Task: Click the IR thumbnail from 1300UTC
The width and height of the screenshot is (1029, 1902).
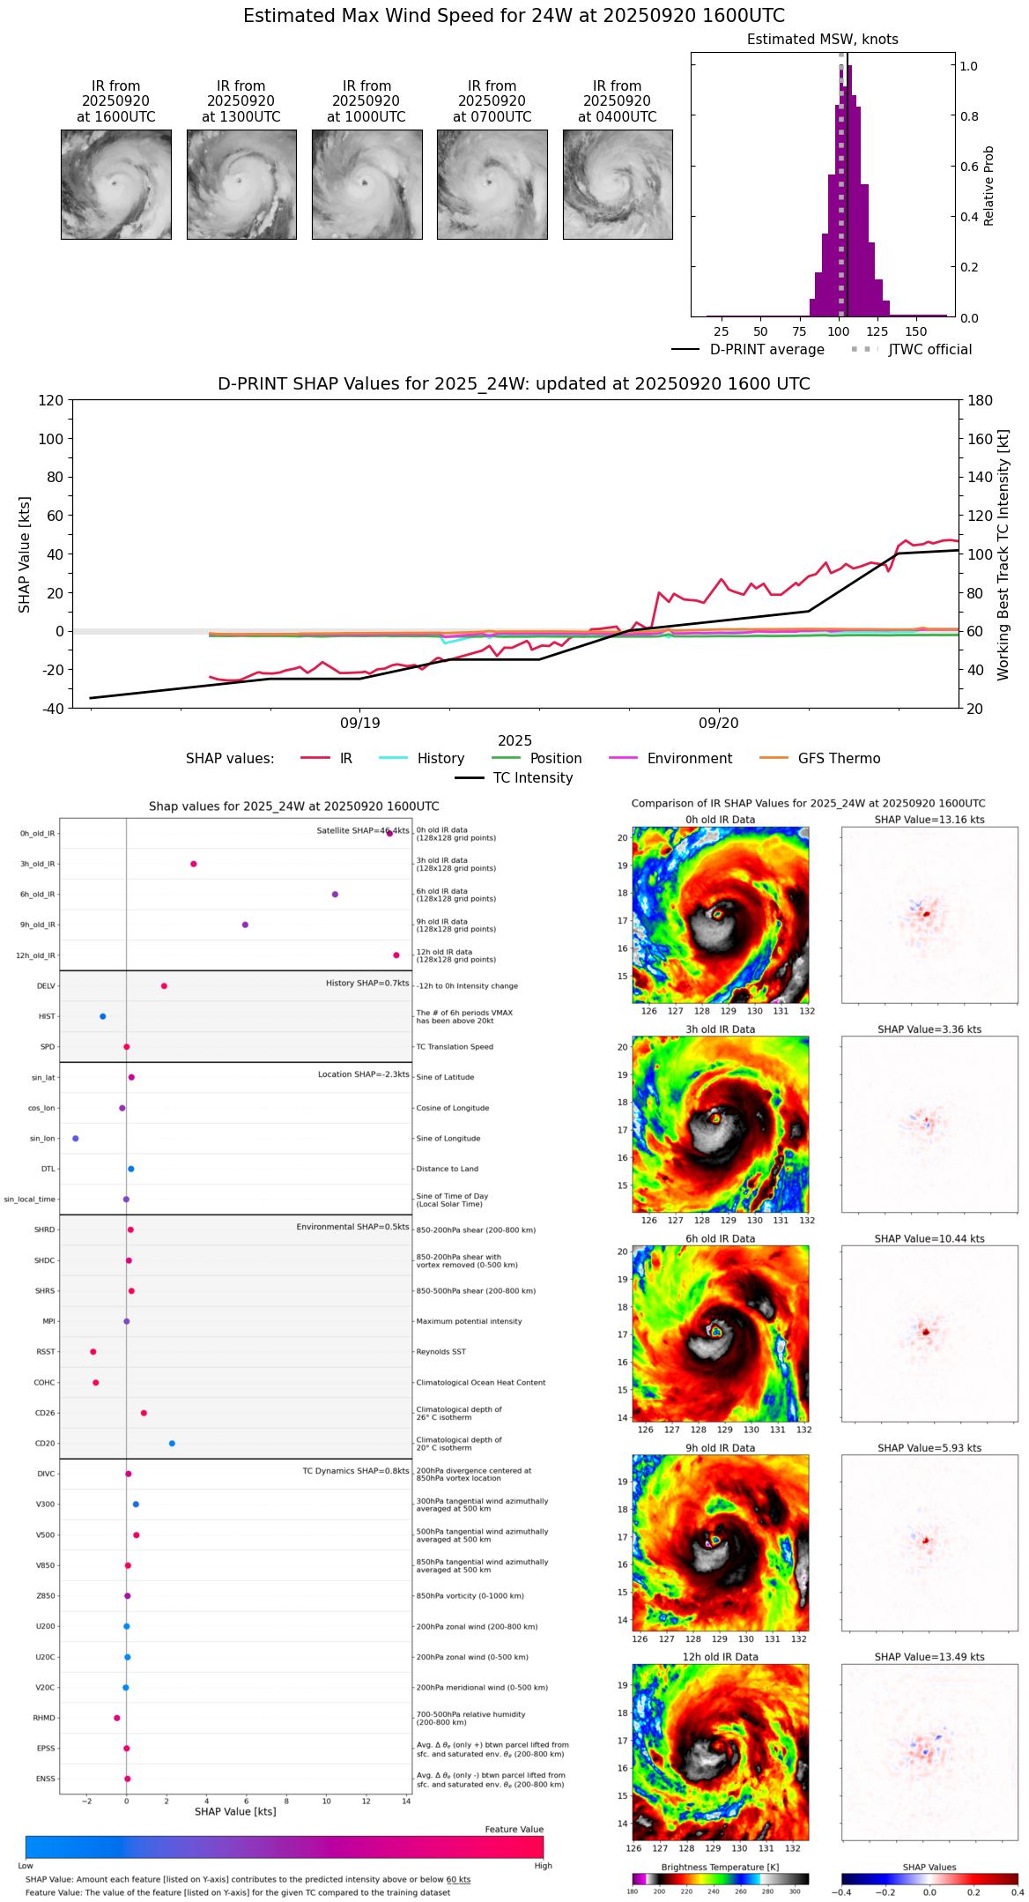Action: click(241, 184)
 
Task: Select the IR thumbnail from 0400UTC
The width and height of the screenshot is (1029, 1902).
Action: click(618, 184)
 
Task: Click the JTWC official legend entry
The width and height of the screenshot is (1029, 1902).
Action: click(929, 350)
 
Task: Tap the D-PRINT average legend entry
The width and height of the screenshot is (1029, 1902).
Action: click(766, 350)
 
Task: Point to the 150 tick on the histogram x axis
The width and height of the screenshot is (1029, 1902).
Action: click(916, 331)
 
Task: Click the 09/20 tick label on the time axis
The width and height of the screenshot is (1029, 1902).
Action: click(719, 723)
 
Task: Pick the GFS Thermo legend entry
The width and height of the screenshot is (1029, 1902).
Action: click(839, 758)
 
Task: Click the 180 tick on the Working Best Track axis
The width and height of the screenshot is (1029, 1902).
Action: click(981, 400)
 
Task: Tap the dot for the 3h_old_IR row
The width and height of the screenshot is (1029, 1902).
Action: click(194, 864)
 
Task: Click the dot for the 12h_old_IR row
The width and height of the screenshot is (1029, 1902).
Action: click(396, 955)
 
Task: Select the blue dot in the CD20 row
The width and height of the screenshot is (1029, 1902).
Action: click(172, 1443)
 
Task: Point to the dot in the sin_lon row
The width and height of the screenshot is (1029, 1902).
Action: click(76, 1139)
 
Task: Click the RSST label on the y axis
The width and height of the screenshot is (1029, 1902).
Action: click(46, 1352)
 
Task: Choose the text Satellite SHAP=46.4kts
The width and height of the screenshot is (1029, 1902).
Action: click(363, 830)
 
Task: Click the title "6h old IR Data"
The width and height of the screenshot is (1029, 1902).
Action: click(720, 1238)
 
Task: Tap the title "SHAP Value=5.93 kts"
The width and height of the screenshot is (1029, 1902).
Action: click(929, 1448)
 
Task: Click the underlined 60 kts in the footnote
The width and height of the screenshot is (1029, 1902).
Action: click(458, 1879)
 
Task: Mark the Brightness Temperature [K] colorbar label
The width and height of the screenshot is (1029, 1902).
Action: click(720, 1867)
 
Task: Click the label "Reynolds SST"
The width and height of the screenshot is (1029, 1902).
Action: click(441, 1352)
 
